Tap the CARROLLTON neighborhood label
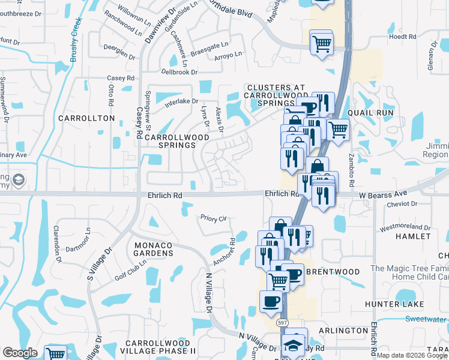click(x=86, y=118)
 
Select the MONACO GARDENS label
click(x=153, y=249)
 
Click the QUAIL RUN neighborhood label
click(x=370, y=113)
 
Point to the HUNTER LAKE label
click(x=394, y=304)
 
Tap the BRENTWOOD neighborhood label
click(x=333, y=272)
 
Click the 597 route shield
click(x=283, y=322)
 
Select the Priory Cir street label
click(x=214, y=219)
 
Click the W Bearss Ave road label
click(x=383, y=194)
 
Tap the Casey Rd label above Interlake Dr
click(x=121, y=79)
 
